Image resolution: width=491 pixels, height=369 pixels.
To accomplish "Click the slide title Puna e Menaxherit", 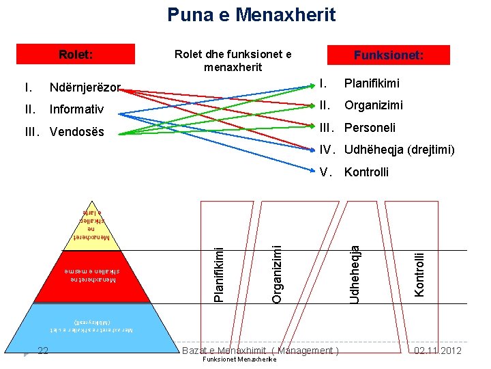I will click(x=252, y=14).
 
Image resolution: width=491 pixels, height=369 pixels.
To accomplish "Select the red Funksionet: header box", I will click(x=388, y=55).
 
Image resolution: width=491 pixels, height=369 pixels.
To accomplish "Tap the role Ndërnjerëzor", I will click(x=85, y=87).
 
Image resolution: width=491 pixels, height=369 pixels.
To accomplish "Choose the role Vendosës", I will click(x=77, y=131).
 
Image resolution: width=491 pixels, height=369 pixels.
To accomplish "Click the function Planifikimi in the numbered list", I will click(x=372, y=84).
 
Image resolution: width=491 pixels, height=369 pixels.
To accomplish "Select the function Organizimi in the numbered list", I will click(x=373, y=106).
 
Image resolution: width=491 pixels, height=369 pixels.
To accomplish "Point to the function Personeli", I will click(x=370, y=128).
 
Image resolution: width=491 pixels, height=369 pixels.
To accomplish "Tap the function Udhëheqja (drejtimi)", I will click(x=399, y=150).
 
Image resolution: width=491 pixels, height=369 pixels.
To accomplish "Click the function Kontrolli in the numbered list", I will click(x=367, y=172).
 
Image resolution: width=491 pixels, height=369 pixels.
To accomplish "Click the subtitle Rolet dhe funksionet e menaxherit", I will click(x=233, y=61).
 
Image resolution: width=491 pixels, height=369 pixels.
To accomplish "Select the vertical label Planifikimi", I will click(x=218, y=268).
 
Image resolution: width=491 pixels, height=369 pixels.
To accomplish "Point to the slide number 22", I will click(x=43, y=351).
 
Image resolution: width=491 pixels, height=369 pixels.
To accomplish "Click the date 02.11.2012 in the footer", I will click(x=438, y=351).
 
